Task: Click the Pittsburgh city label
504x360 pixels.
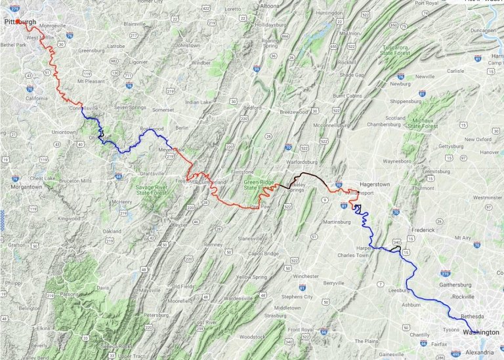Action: pos(20,22)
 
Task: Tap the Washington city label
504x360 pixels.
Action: pos(480,332)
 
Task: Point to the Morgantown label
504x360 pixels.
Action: pos(26,187)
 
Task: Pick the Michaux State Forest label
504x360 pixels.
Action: pos(423,122)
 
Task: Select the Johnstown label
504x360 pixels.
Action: pos(187,45)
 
